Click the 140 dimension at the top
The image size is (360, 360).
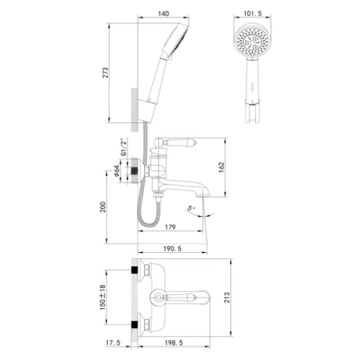(x=165, y=14)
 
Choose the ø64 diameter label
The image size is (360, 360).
(x=116, y=172)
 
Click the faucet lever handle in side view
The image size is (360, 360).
(x=172, y=144)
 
